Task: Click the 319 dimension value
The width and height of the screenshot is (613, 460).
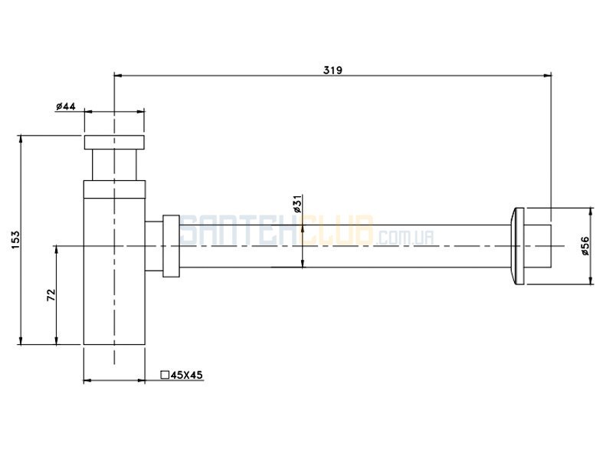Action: coord(333,70)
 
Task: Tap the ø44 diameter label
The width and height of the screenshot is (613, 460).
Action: coord(66,106)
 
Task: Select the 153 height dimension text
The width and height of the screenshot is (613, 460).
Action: coord(15,240)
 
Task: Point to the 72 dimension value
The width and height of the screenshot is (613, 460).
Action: coord(51,295)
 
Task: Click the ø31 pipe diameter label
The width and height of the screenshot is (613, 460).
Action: coord(297,204)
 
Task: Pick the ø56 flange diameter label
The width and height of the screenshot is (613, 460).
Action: coord(585,246)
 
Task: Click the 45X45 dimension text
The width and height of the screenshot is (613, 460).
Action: coord(187,375)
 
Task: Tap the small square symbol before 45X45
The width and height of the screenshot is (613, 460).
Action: coord(165,375)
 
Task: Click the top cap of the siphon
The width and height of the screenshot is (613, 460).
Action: coord(114,142)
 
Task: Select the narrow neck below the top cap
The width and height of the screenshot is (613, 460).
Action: coord(114,165)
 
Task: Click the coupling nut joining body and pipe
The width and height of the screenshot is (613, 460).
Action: coord(171,246)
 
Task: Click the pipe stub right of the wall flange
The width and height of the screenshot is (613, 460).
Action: coord(538,246)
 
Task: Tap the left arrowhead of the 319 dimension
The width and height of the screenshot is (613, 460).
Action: coord(118,75)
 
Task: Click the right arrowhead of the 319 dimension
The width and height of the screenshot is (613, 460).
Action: coord(547,75)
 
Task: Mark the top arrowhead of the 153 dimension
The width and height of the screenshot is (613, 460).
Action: coord(21,140)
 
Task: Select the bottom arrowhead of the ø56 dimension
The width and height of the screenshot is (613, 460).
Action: coord(591,280)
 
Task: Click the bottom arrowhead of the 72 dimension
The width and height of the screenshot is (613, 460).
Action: coord(57,340)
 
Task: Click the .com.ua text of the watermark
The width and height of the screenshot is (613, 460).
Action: coord(405,238)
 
